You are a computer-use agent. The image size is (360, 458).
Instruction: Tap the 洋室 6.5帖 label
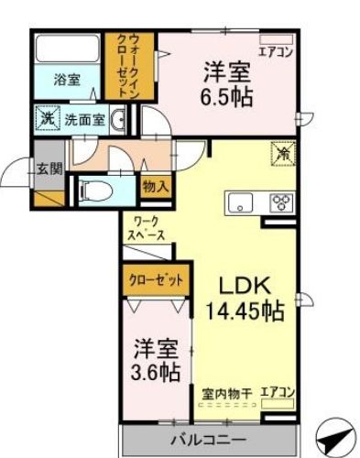pyautogui.click(x=225, y=82)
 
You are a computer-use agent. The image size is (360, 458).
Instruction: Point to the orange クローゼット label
pyautogui.click(x=155, y=278)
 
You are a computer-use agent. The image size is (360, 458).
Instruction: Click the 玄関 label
pyautogui.click(x=49, y=169)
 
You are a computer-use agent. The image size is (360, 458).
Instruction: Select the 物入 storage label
pyautogui.click(x=155, y=186)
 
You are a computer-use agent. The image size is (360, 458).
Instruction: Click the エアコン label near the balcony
pyautogui.click(x=278, y=392)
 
